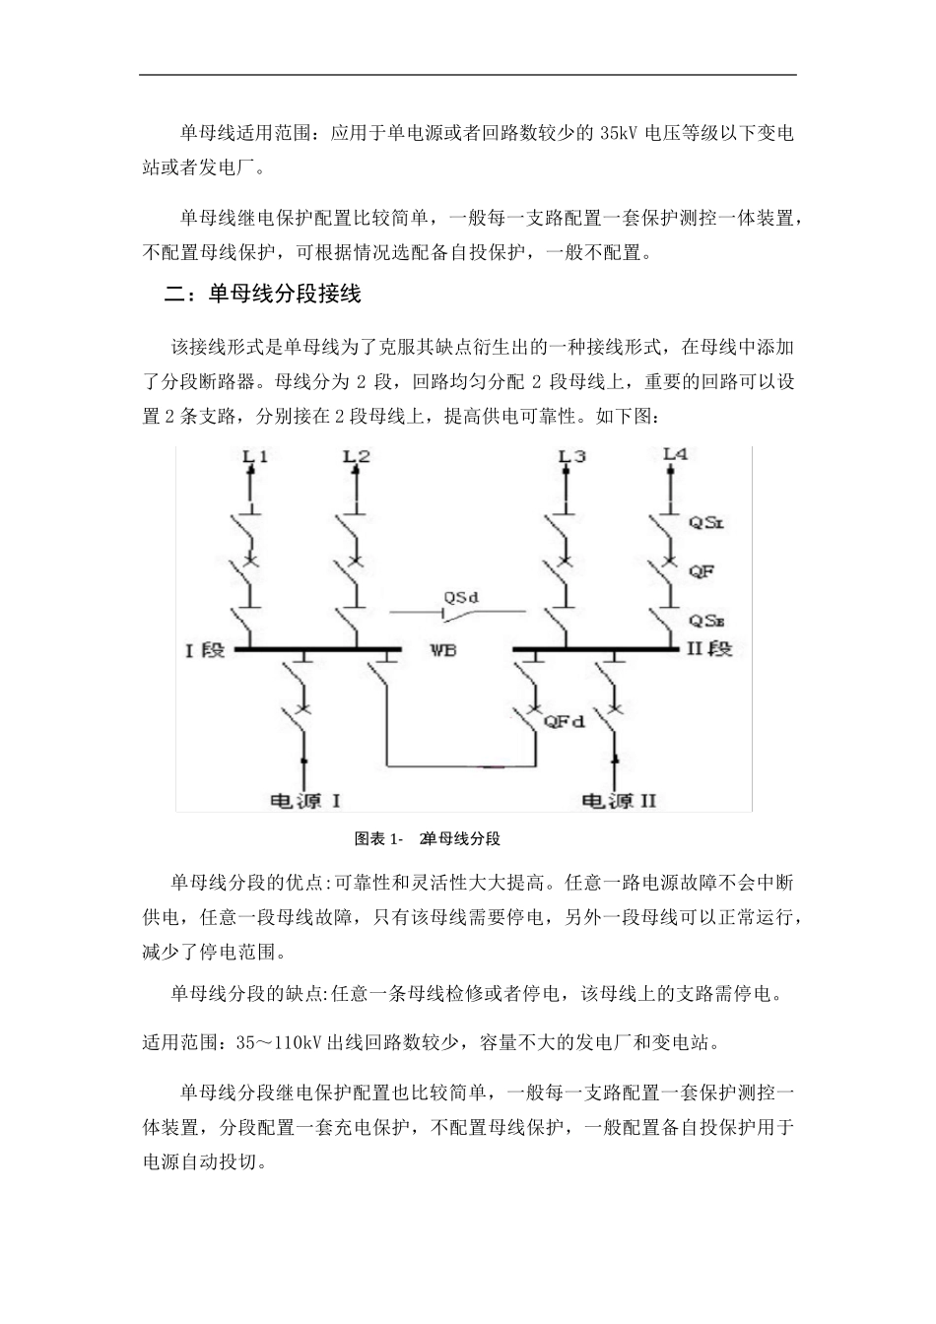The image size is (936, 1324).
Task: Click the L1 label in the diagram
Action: click(x=255, y=456)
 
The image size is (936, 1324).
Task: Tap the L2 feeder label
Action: click(x=357, y=456)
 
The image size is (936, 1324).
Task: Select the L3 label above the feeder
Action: click(x=571, y=456)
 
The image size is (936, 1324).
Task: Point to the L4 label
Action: click(x=676, y=454)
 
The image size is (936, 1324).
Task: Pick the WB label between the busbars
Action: click(x=443, y=650)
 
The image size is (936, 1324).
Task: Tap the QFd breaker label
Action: click(x=565, y=721)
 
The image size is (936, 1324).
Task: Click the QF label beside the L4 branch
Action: click(x=702, y=570)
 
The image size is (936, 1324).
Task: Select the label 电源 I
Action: click(x=305, y=799)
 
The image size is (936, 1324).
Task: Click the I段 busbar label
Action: click(x=206, y=650)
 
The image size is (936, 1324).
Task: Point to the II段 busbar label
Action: click(x=709, y=650)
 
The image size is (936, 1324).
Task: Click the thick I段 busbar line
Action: click(x=315, y=649)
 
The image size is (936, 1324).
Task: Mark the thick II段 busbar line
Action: click(x=597, y=649)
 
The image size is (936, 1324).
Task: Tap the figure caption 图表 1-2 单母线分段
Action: click(x=428, y=839)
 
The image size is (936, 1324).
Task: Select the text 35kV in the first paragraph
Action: click(x=618, y=133)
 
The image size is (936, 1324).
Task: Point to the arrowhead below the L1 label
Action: click(x=250, y=472)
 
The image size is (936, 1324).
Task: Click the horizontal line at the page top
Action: click(x=467, y=75)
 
